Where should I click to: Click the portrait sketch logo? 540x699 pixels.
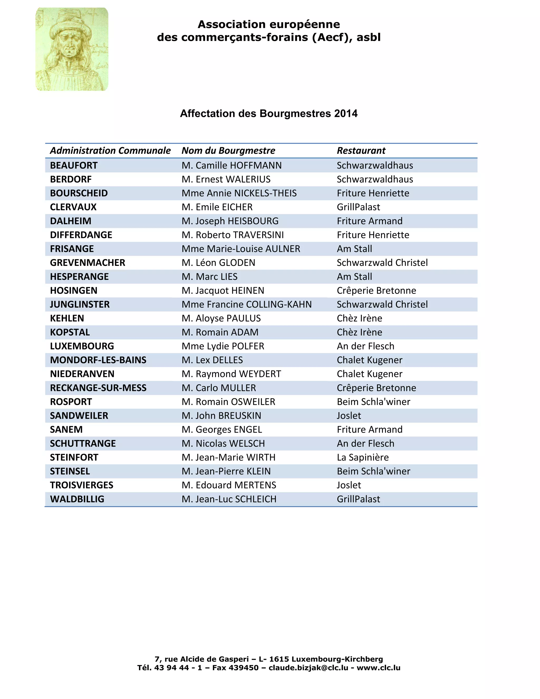click(72, 49)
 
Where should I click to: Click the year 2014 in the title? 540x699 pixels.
click(346, 114)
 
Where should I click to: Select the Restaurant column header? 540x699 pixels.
click(361, 150)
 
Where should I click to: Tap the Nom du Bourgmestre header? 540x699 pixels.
click(228, 150)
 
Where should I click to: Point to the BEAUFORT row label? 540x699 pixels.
click(74, 165)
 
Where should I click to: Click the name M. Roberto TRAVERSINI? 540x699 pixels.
click(233, 235)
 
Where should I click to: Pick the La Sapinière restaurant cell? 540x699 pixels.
click(363, 457)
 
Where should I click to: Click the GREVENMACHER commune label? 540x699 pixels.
click(87, 263)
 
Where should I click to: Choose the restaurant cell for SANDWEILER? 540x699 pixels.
click(349, 416)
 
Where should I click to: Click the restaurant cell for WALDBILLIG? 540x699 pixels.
click(358, 499)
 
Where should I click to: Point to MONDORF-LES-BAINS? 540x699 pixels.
click(98, 360)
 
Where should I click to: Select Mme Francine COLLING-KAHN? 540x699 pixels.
click(246, 304)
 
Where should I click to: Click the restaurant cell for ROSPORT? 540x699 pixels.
click(373, 402)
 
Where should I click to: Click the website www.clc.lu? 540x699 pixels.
click(378, 668)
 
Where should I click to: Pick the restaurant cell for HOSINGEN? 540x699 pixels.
click(376, 291)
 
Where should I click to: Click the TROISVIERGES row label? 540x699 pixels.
click(81, 485)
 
